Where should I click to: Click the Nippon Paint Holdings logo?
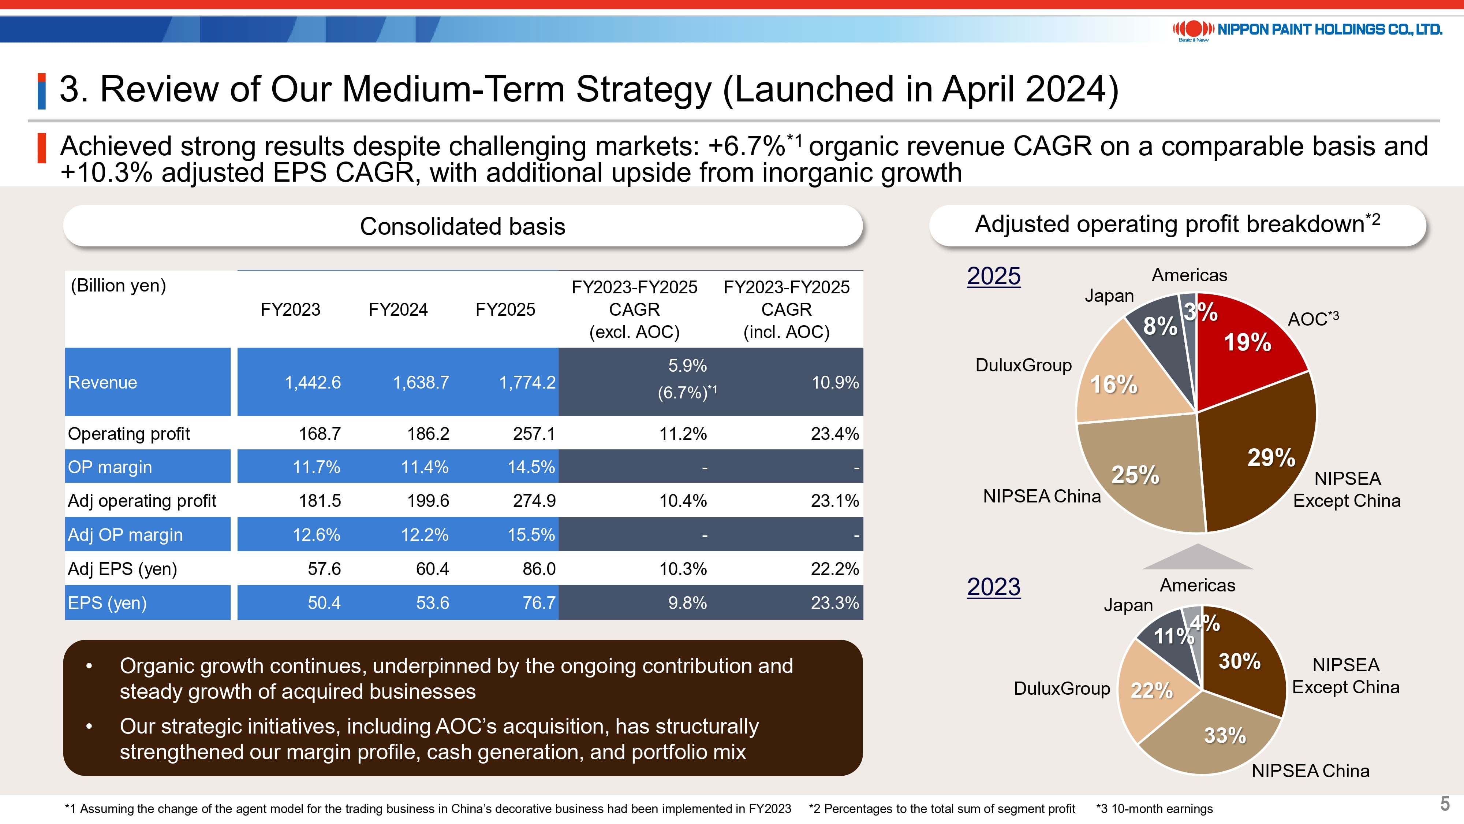[x=1307, y=30]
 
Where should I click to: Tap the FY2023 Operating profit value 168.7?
[x=320, y=434]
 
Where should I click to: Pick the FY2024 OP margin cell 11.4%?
[x=425, y=467]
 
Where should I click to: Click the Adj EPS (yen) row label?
[x=122, y=569]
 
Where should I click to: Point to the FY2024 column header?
[x=398, y=309]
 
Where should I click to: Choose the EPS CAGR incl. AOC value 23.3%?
[x=834, y=603]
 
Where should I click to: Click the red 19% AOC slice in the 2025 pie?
[x=1250, y=347]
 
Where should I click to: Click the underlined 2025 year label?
[x=993, y=276]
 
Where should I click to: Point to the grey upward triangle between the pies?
[x=1198, y=558]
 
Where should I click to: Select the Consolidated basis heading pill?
[x=463, y=226]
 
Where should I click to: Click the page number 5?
[x=1445, y=803]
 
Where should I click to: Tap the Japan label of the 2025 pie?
[x=1109, y=296]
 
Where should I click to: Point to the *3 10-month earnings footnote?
[x=1154, y=809]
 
